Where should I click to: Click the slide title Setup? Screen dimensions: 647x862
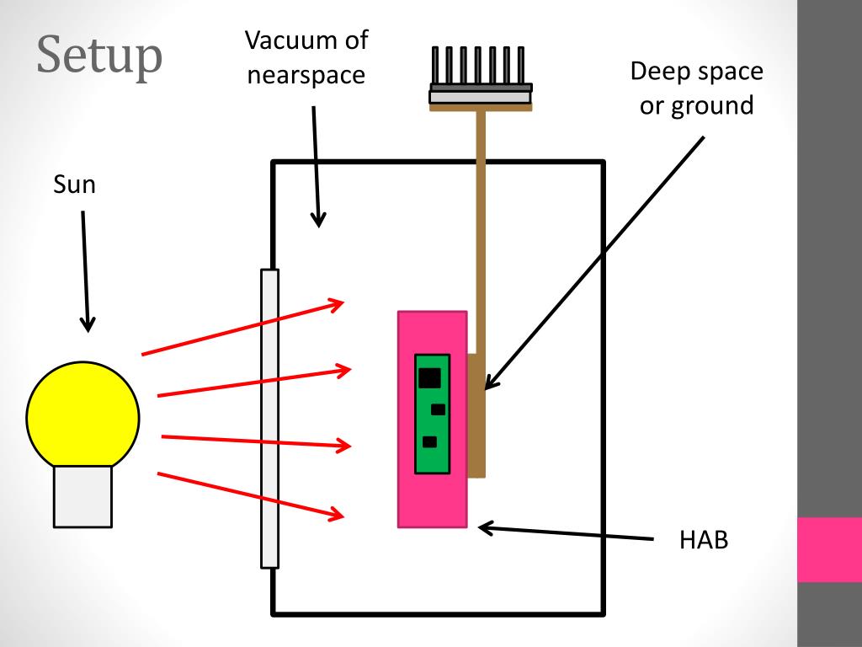tap(99, 56)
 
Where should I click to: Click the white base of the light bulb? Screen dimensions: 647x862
tap(82, 496)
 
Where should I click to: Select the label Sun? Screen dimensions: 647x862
tap(75, 184)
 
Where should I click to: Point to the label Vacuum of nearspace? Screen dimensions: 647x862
tap(306, 56)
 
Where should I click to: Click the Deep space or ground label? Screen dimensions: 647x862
tap(696, 88)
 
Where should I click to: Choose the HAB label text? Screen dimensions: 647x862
tap(703, 540)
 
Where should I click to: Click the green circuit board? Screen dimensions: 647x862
tap(432, 413)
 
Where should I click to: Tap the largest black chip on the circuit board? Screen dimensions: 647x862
tap(429, 377)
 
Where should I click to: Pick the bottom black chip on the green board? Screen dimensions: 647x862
tap(429, 441)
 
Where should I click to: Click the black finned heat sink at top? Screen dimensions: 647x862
tap(481, 67)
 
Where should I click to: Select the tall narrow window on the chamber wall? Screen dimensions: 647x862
tap(269, 418)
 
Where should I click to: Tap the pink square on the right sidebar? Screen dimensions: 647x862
tap(829, 549)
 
